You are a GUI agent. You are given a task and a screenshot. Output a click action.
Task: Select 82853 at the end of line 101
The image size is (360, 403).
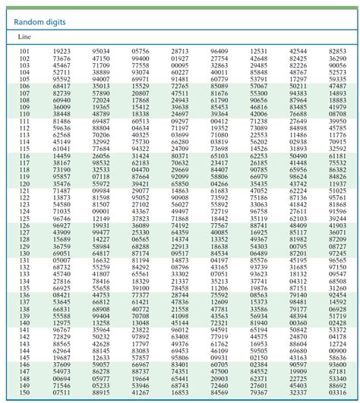(x=338, y=51)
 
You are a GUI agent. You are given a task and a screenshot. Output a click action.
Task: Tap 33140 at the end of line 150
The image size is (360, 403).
(x=338, y=392)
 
